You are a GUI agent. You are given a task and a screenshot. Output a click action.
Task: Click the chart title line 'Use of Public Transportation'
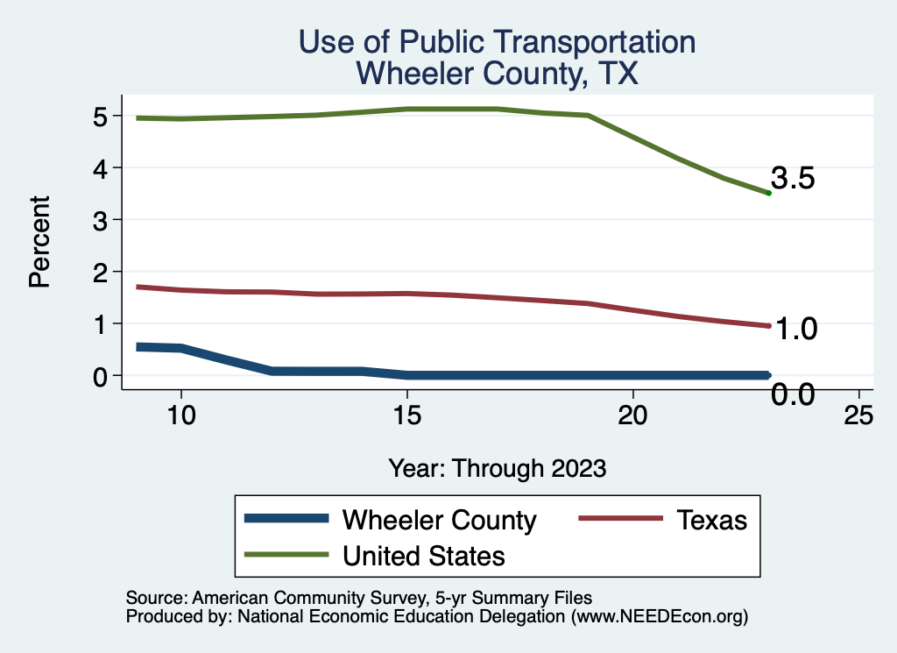click(x=497, y=41)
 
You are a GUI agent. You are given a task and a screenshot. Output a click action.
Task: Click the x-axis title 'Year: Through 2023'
click(x=498, y=468)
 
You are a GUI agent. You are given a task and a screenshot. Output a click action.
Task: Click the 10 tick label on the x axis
click(x=180, y=416)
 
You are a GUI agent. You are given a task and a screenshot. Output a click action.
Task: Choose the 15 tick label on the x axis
click(x=406, y=416)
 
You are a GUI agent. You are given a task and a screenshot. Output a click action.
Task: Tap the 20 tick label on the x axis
click(x=633, y=416)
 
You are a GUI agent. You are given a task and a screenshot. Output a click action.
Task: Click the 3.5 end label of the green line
click(x=794, y=179)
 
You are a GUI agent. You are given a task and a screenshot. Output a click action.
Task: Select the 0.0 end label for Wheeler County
click(x=794, y=394)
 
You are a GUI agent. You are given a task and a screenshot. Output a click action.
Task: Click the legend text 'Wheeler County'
click(x=439, y=520)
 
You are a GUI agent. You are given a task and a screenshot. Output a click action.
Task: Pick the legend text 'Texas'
click(x=711, y=520)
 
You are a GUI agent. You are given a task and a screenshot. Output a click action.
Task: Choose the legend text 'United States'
click(x=424, y=556)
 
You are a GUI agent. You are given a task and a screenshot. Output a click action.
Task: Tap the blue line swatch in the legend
click(x=287, y=519)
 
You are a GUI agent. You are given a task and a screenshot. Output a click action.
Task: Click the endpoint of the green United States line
click(x=768, y=193)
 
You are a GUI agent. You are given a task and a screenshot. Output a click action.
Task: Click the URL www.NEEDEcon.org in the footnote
click(x=660, y=617)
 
